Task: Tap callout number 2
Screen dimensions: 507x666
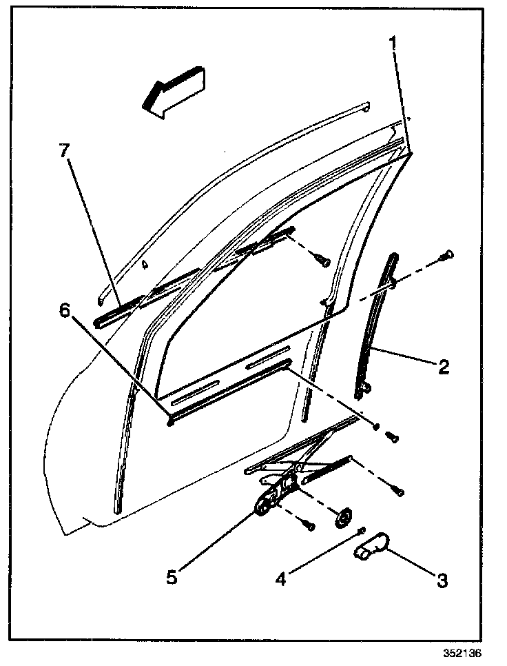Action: pyautogui.click(x=443, y=365)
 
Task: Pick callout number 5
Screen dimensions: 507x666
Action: pyautogui.click(x=172, y=576)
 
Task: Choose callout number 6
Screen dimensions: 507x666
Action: pyautogui.click(x=65, y=311)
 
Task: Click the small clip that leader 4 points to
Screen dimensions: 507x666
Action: pyautogui.click(x=362, y=529)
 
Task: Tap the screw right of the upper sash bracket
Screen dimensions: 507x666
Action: pyautogui.click(x=322, y=261)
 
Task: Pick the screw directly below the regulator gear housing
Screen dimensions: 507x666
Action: pyautogui.click(x=309, y=525)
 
